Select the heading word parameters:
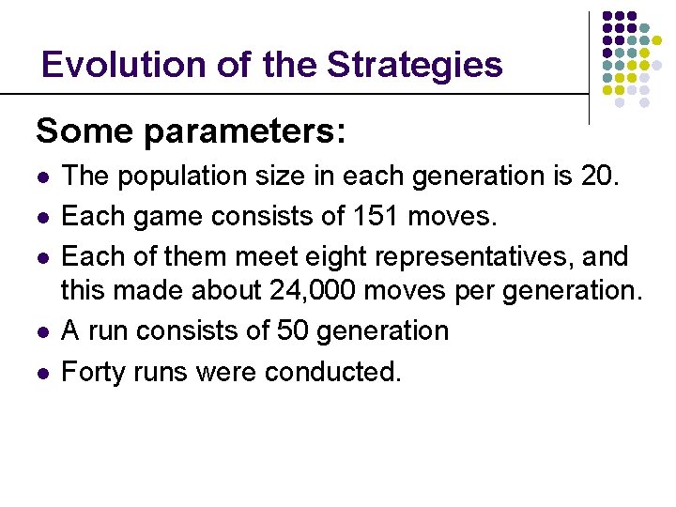click(245, 132)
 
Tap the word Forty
click(91, 372)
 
